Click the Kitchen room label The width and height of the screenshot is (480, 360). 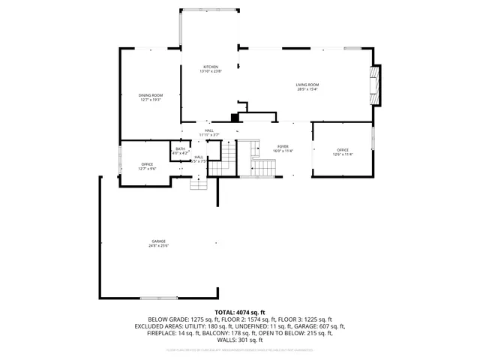tap(210, 69)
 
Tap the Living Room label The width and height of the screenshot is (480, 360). tap(307, 87)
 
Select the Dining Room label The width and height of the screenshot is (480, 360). tap(150, 97)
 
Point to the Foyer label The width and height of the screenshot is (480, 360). tap(283, 148)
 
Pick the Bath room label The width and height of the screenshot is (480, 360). tap(180, 151)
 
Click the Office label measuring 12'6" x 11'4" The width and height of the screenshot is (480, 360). tap(343, 152)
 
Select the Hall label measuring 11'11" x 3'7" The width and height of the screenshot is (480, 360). tap(209, 133)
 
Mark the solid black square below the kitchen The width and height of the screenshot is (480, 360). tap(235, 117)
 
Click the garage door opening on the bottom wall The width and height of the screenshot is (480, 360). tap(158, 298)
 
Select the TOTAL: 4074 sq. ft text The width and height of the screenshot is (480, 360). tap(240, 311)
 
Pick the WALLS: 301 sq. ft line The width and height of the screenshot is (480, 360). tap(240, 340)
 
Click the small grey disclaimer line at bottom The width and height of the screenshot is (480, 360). tap(240, 349)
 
